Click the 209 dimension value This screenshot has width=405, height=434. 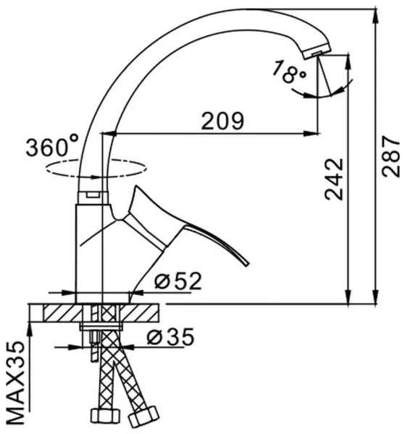click(222, 121)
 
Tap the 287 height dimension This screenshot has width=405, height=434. click(391, 156)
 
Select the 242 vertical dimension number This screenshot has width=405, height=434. click(334, 179)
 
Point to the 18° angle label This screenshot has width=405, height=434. click(288, 72)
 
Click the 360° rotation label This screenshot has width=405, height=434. click(52, 145)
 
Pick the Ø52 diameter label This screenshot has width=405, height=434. click(178, 281)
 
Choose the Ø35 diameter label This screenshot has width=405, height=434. click(170, 337)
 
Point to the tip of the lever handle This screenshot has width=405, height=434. click(247, 264)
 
